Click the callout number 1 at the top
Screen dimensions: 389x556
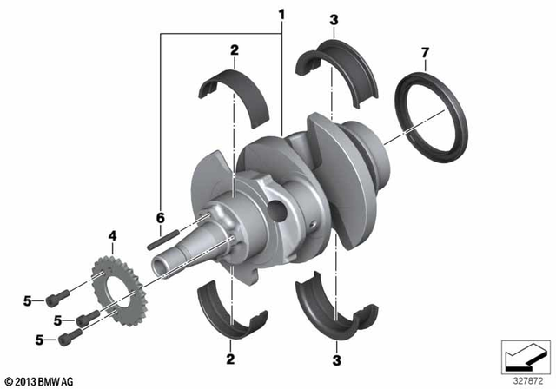pos(281,15)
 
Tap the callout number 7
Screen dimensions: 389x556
pos(425,54)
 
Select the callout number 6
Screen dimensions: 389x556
pos(159,218)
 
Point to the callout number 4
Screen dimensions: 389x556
pos(112,235)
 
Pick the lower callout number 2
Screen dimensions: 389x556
pos(231,358)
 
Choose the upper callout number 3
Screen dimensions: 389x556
pos(334,19)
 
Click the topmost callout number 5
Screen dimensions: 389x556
pos(28,300)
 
